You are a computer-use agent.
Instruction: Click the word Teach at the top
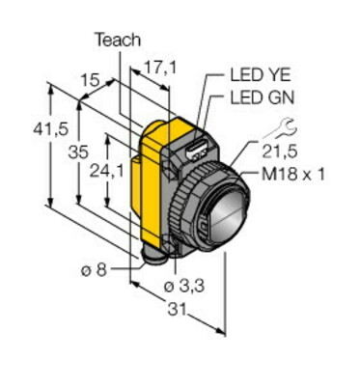click(x=118, y=40)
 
